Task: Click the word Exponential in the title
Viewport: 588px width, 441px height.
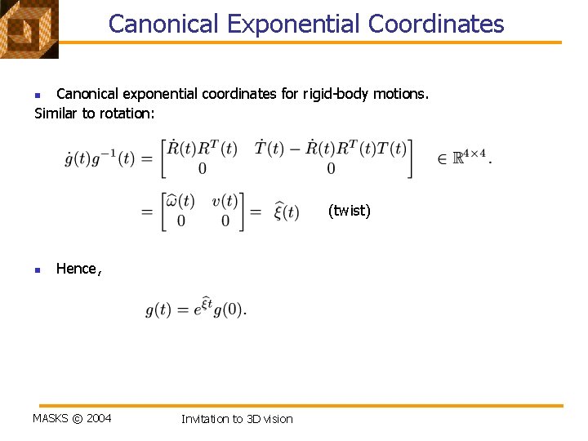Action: pos(294,24)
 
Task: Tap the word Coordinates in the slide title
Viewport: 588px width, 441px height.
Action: pos(436,24)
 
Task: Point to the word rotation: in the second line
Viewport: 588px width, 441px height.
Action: pos(127,114)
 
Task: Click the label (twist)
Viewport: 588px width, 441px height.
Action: pos(349,211)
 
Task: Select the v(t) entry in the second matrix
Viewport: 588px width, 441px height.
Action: pos(224,201)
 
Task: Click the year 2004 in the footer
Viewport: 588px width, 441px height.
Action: pos(99,418)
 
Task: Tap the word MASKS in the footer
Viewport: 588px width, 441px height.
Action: pos(50,418)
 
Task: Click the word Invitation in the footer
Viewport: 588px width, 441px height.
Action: pos(205,419)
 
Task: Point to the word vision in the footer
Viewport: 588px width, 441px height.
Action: pos(277,419)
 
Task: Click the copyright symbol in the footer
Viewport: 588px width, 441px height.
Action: pos(77,418)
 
